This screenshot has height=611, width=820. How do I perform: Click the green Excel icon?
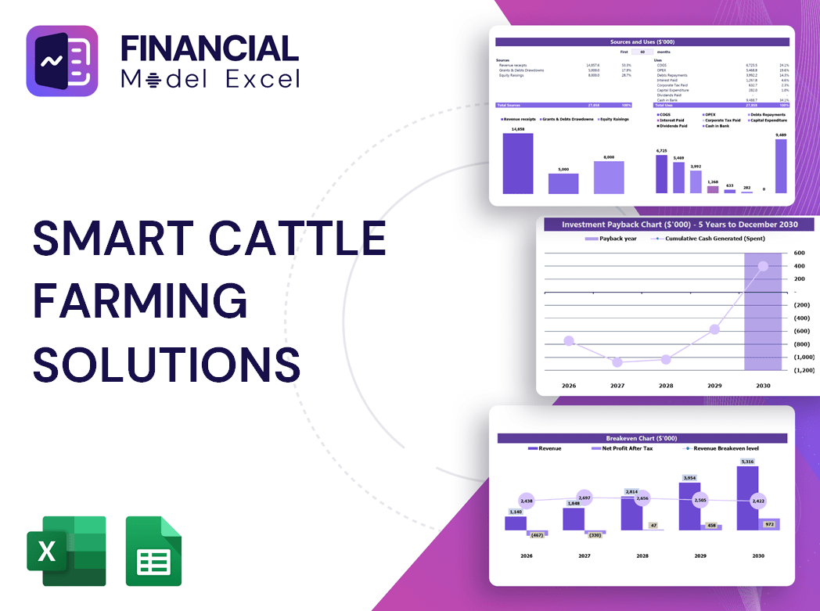coord(66,551)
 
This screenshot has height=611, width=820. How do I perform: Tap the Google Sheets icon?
coord(153,551)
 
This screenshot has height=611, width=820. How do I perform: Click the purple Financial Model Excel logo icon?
coord(62,61)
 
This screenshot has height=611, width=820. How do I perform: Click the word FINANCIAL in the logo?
coord(210,49)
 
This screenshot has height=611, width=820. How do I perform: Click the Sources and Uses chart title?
coord(642,41)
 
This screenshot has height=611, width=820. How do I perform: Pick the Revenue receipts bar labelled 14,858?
coord(517,164)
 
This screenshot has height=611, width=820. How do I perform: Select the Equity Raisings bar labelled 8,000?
coord(609,178)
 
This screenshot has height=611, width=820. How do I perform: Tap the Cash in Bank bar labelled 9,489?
coord(780,166)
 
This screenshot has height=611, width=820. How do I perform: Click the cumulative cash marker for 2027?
coord(617,362)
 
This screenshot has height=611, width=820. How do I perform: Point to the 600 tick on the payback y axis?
coord(799,253)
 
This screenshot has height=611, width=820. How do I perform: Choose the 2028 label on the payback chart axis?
coord(666,386)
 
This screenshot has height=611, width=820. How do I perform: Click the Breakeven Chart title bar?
coord(642,438)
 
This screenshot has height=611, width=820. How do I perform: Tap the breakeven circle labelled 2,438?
coord(526,501)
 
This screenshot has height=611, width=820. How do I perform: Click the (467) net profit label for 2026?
coord(537,535)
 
